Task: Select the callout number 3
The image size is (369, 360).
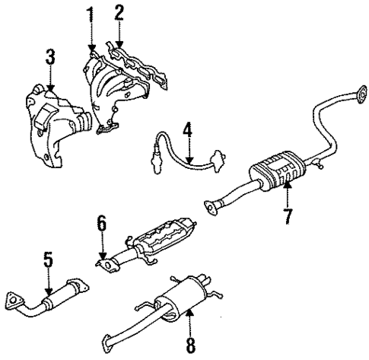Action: [x=49, y=56]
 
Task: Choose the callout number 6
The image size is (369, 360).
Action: [x=100, y=225]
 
